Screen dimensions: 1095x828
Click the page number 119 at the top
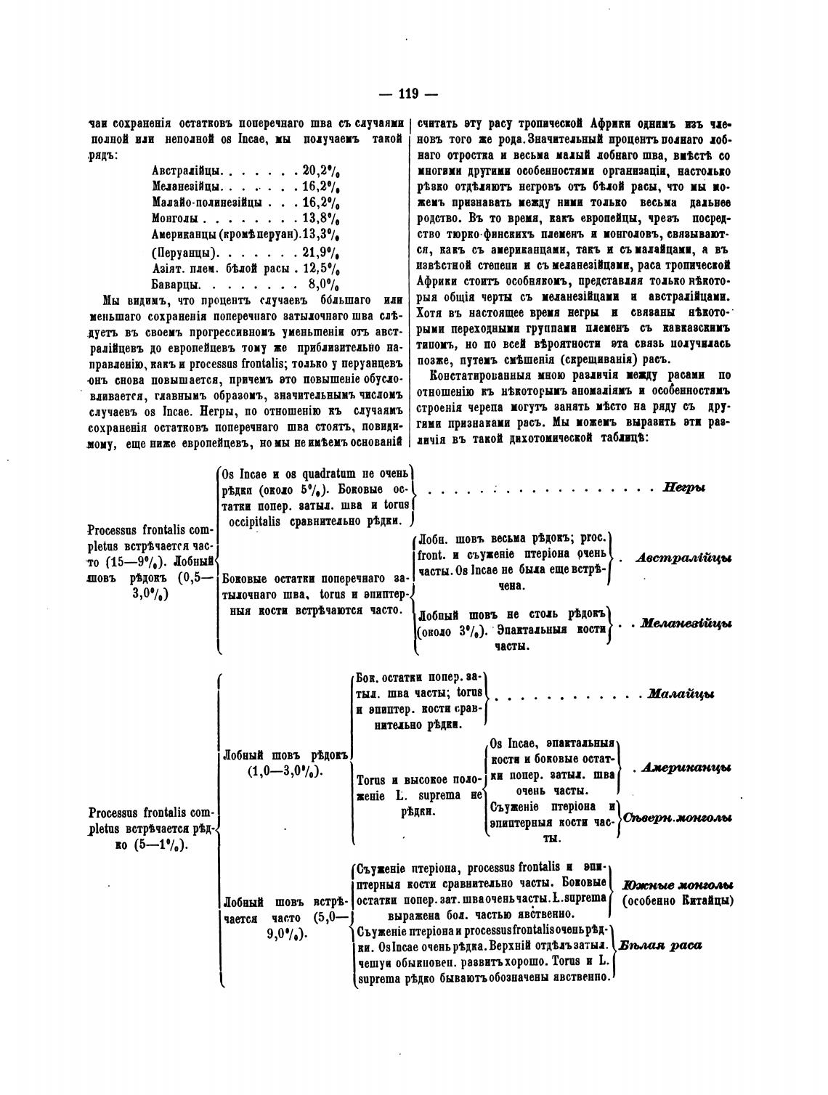tap(408, 94)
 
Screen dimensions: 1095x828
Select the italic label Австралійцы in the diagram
tap(683, 558)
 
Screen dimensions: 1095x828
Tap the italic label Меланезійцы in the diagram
tap(685, 624)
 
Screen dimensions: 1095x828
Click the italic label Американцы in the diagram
tap(686, 768)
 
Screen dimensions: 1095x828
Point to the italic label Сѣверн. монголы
tap(677, 817)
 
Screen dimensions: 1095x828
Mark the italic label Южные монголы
tap(677, 886)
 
